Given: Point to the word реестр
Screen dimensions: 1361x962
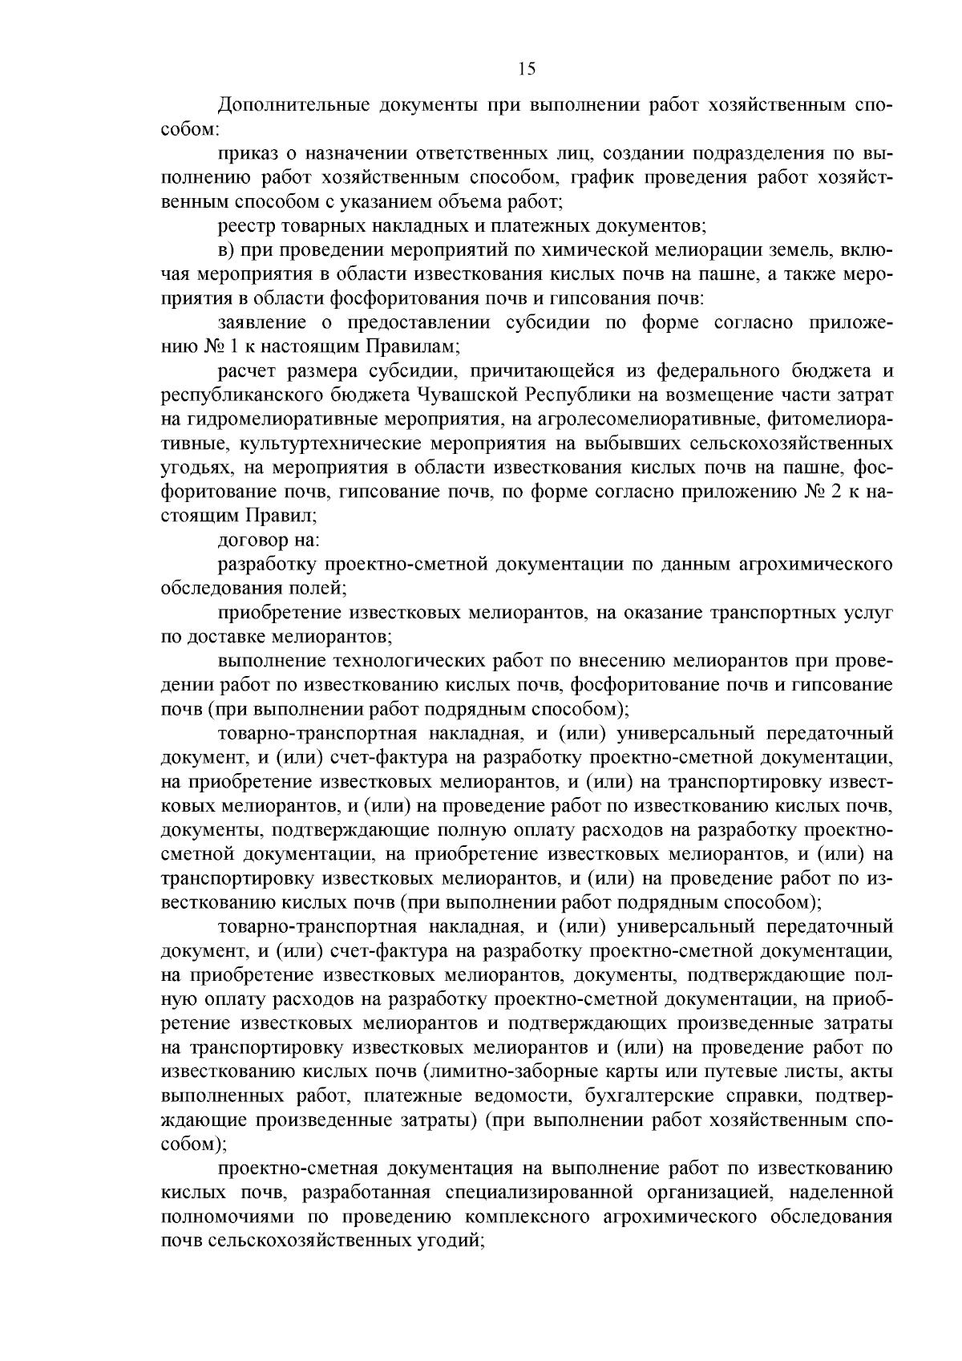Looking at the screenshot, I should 244,225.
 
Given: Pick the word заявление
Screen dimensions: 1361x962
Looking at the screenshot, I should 261,322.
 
